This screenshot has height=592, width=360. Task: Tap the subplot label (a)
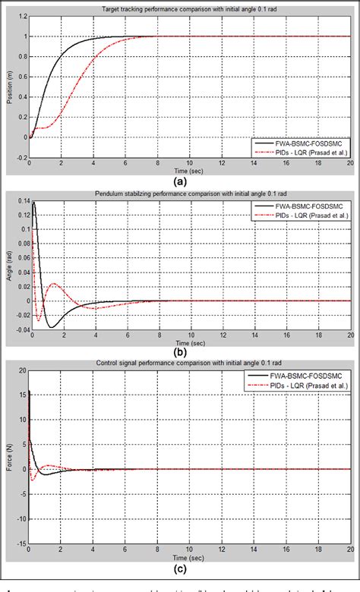tap(180, 182)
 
